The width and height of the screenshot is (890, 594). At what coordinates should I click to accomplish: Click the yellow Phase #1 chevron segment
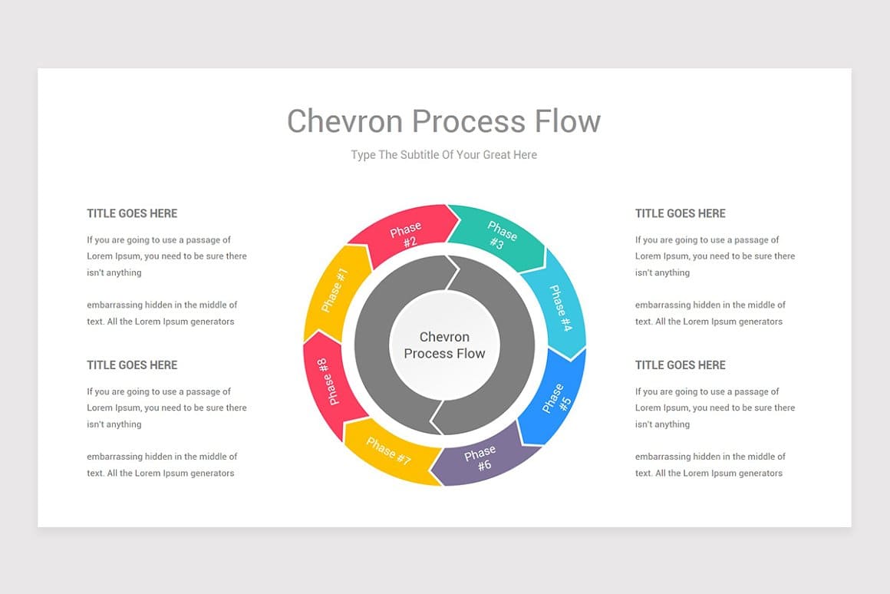tap(335, 290)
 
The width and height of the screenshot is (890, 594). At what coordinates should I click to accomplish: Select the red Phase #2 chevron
tap(404, 235)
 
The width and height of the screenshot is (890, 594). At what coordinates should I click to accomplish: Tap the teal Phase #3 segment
tap(499, 236)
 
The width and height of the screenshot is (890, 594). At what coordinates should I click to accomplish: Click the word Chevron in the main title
tap(344, 121)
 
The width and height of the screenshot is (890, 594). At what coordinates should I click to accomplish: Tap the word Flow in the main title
tap(569, 121)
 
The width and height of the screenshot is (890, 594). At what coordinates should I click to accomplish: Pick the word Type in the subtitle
tap(363, 155)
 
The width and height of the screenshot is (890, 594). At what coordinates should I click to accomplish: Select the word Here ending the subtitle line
tap(526, 155)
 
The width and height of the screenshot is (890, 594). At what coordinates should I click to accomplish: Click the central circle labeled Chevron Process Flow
tap(445, 345)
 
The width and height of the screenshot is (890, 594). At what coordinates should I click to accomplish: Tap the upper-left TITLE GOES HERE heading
tap(132, 213)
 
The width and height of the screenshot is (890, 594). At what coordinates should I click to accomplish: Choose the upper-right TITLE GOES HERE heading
tap(680, 213)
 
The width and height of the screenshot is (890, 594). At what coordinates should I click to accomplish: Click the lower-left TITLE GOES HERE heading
tap(132, 365)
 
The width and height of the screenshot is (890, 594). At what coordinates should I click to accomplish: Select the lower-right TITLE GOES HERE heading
tap(680, 365)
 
